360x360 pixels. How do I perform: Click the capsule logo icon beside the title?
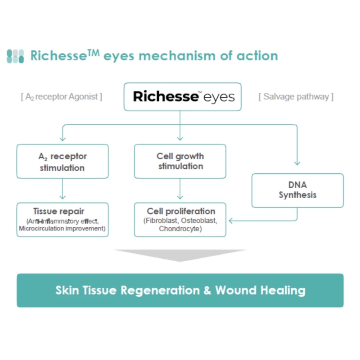coord(15,56)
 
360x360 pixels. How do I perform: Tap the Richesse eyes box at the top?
coord(183,97)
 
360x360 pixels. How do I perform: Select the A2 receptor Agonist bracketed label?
coord(61,97)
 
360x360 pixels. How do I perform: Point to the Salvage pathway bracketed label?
coord(296,97)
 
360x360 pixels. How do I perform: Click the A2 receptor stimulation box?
coord(63,162)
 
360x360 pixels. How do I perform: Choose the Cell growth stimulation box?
coord(180,161)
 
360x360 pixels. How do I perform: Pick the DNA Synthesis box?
coord(297,190)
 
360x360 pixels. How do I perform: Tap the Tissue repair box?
coord(63,219)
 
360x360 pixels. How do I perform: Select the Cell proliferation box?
coord(180,219)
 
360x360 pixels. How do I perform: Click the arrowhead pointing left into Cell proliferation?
coord(231,220)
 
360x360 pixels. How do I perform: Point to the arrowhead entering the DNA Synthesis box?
coord(297,164)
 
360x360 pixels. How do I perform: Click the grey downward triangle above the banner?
coord(180,255)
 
